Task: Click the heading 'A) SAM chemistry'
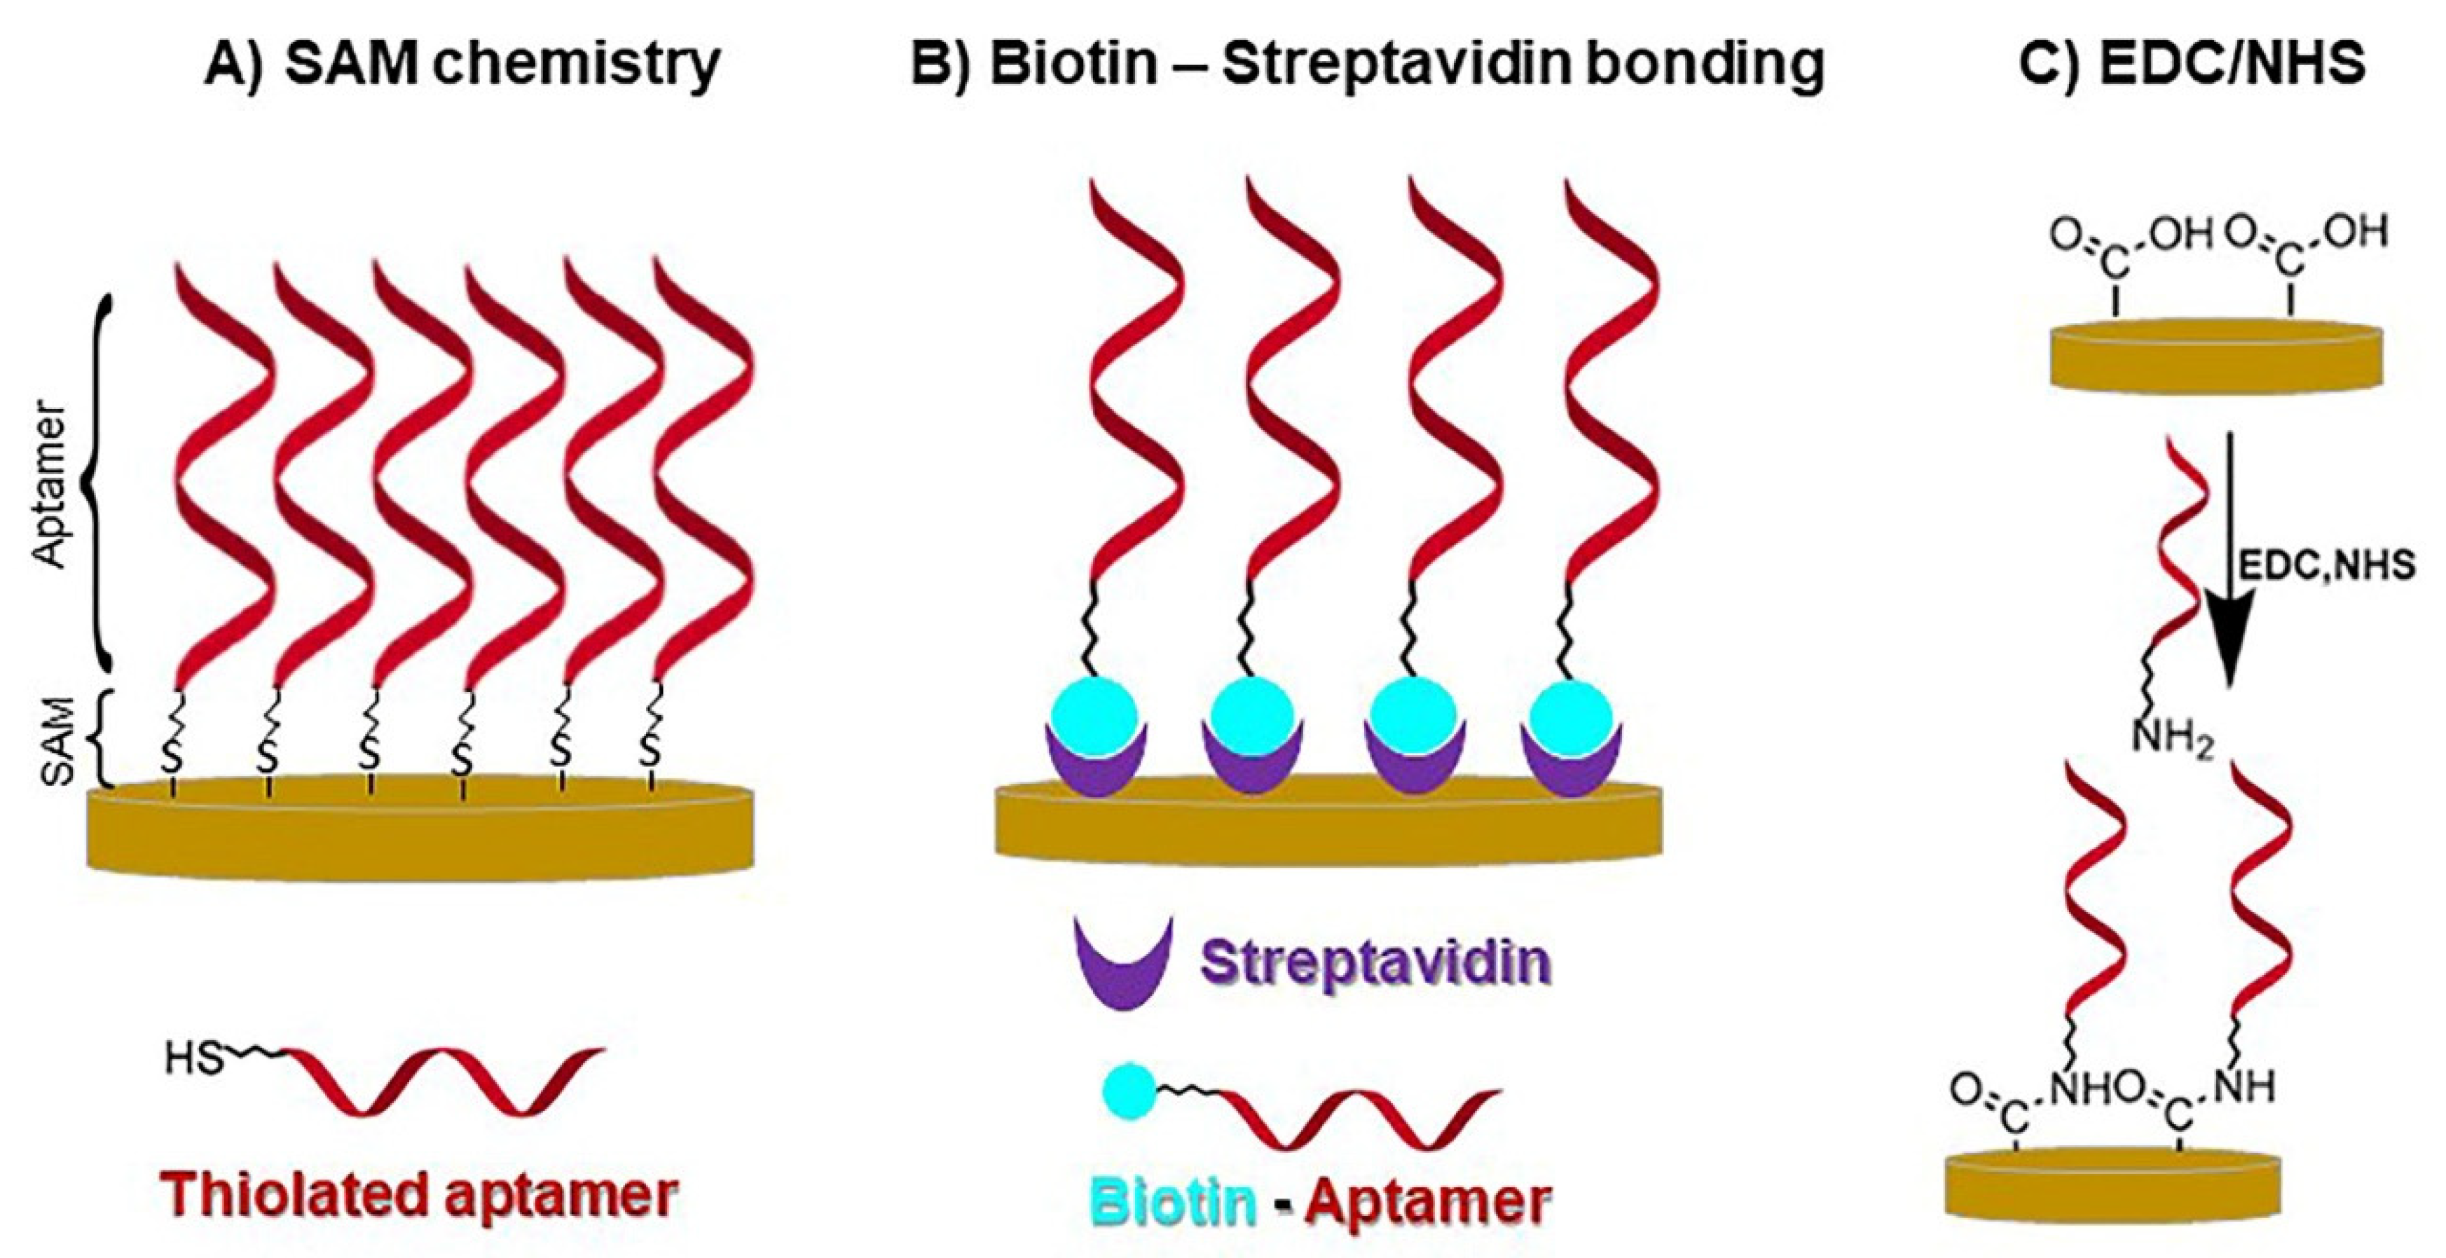(x=462, y=64)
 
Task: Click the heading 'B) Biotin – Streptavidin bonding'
(x=1366, y=64)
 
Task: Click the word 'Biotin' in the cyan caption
(x=1174, y=1202)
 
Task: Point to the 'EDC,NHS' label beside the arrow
(x=2326, y=566)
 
